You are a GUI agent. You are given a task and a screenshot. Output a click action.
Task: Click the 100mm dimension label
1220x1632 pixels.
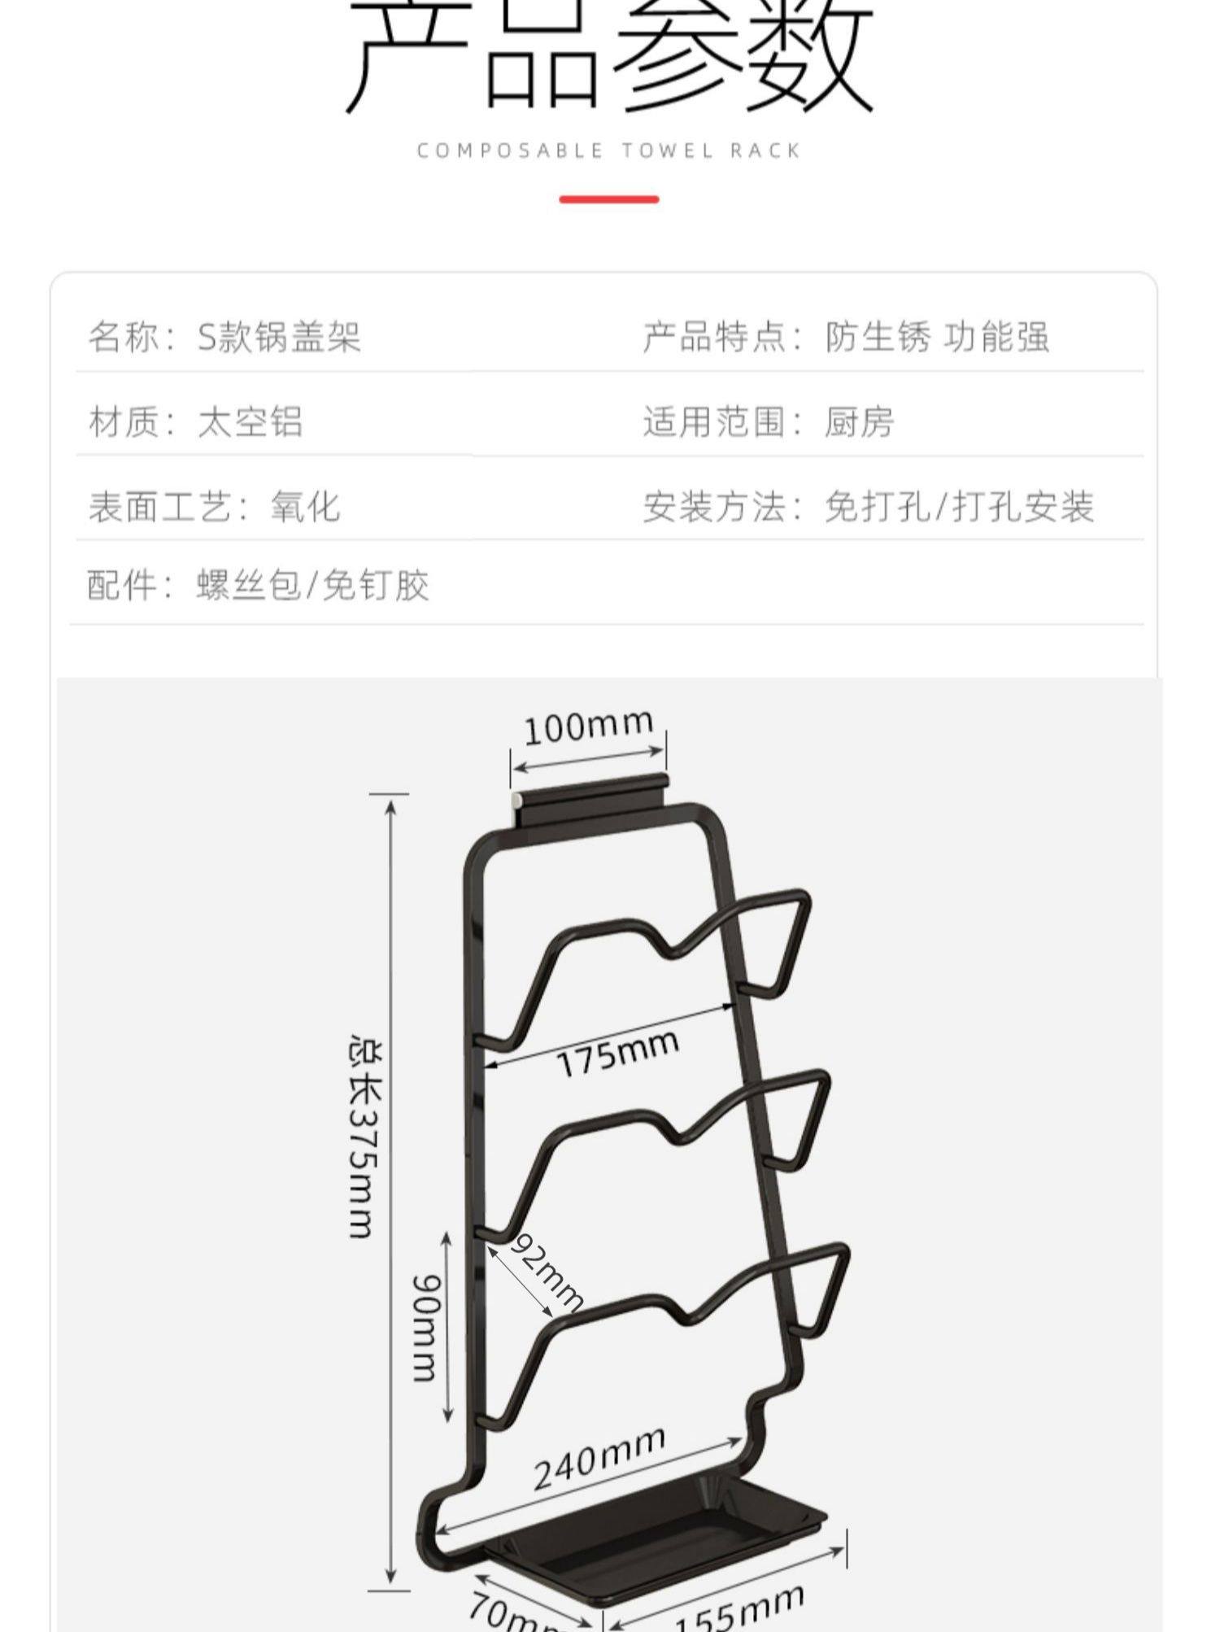(x=587, y=726)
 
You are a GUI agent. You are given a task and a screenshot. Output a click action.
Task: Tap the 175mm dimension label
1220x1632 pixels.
(x=617, y=1054)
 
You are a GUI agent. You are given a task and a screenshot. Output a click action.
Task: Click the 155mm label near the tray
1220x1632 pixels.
(x=739, y=1608)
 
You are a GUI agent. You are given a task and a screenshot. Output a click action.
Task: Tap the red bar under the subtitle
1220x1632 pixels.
(x=608, y=199)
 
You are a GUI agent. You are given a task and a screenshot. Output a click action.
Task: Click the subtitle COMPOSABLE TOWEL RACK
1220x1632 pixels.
(x=608, y=151)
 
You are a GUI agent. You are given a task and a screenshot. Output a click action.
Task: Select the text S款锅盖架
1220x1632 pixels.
(x=279, y=337)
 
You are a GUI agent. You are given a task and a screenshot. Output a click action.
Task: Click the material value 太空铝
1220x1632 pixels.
(x=250, y=422)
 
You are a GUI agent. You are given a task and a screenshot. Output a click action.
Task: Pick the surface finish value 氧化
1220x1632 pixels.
(x=305, y=507)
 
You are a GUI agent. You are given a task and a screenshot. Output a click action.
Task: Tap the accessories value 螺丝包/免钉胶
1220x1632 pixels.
(x=312, y=585)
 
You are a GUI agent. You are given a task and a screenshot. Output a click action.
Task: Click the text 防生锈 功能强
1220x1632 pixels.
(x=937, y=337)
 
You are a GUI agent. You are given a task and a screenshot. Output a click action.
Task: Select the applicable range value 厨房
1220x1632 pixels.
(x=859, y=422)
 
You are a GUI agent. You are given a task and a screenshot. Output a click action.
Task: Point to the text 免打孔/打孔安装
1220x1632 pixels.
(x=959, y=507)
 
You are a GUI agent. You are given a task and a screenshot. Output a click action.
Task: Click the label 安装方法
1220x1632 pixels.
(x=714, y=507)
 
